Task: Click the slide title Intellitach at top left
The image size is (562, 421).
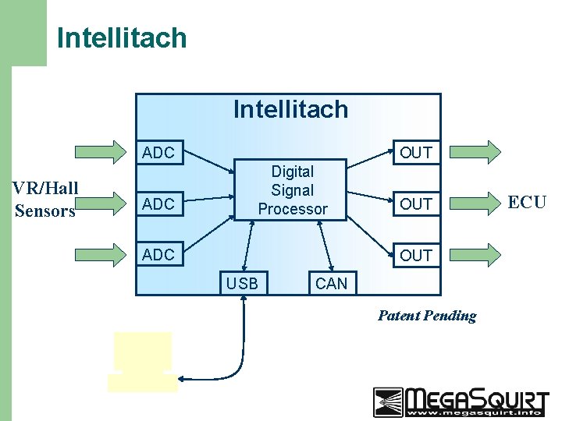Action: tap(122, 37)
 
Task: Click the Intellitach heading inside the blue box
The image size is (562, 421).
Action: tap(290, 109)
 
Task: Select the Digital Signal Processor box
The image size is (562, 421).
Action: tap(291, 190)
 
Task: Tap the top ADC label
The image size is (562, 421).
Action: tap(158, 153)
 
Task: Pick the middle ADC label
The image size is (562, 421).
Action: tap(158, 204)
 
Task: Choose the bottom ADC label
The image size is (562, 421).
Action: tap(158, 255)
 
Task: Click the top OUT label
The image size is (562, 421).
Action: tap(415, 153)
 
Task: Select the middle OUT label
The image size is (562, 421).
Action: tap(415, 204)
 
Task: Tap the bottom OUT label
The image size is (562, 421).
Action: tap(415, 255)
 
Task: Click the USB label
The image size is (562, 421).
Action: tap(241, 284)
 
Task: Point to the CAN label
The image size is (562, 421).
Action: tap(331, 284)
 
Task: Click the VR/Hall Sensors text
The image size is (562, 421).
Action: tap(44, 199)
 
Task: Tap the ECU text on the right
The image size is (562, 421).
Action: tap(528, 202)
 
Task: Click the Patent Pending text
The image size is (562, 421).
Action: tap(427, 316)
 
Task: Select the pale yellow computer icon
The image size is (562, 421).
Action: tap(142, 361)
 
